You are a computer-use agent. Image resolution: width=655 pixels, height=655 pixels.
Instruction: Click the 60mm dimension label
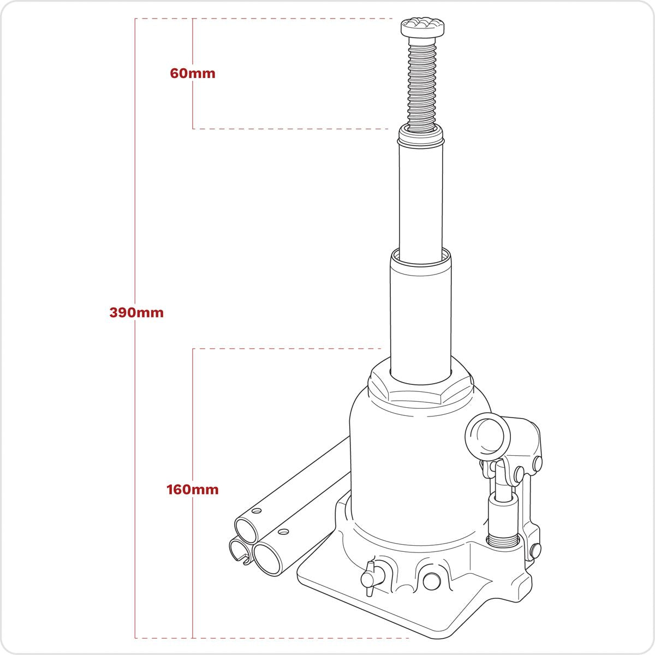[193, 73]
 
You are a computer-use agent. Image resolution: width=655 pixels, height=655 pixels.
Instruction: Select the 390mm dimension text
[136, 313]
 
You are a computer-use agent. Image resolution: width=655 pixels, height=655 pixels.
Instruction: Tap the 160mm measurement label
[193, 490]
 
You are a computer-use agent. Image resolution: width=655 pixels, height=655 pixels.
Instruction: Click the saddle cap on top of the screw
[424, 26]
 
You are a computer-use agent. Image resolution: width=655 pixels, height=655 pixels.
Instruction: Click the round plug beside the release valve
[431, 580]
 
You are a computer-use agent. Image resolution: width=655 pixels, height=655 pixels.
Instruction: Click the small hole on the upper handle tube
[254, 510]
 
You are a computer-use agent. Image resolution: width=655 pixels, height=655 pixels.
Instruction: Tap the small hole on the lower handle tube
[282, 531]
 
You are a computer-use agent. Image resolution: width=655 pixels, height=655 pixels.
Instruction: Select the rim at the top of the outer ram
[420, 255]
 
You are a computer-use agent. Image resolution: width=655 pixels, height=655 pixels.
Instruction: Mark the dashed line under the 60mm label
[289, 129]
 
